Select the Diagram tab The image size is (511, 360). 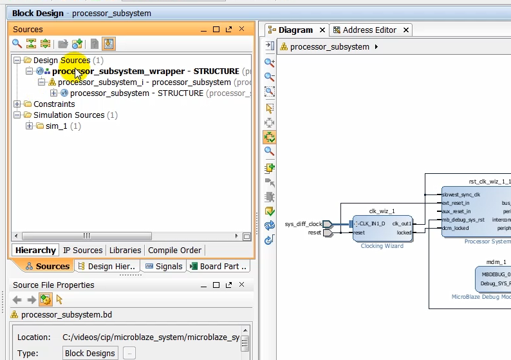click(x=295, y=30)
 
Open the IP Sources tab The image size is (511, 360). click(x=82, y=250)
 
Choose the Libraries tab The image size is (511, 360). click(x=125, y=250)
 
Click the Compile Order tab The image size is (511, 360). click(x=174, y=250)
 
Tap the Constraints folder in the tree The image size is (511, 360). click(x=54, y=104)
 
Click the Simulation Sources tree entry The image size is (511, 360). click(x=69, y=115)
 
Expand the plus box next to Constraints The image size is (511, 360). click(x=17, y=104)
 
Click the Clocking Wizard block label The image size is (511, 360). click(x=382, y=245)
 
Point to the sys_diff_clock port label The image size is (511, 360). click(x=303, y=224)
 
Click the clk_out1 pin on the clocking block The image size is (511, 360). click(x=402, y=223)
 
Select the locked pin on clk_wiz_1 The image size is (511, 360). click(x=404, y=232)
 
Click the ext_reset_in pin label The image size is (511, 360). click(x=456, y=203)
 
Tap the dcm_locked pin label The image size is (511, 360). click(x=456, y=228)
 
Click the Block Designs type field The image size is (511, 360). click(x=90, y=353)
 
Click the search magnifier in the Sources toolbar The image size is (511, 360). click(x=17, y=44)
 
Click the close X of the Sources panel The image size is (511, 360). click(x=242, y=29)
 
